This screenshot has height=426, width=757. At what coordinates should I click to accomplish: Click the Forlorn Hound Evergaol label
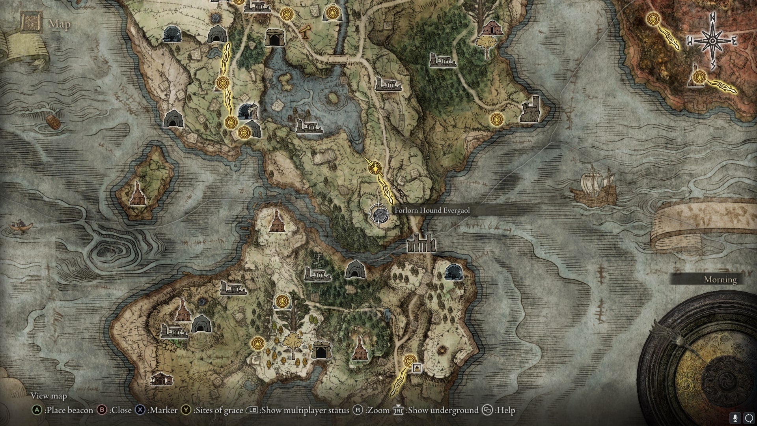pyautogui.click(x=432, y=211)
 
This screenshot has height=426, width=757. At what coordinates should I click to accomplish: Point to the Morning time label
pyautogui.click(x=720, y=280)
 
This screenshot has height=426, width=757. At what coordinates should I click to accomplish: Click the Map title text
pyautogui.click(x=60, y=24)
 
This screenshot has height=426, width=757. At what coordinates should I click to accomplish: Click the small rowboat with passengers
pyautogui.click(x=20, y=226)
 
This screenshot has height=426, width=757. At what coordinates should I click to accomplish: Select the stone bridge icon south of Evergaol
pyautogui.click(x=421, y=243)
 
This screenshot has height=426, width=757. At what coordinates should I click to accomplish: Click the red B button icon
pyautogui.click(x=102, y=410)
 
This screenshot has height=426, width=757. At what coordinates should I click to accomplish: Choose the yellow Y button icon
pyautogui.click(x=186, y=410)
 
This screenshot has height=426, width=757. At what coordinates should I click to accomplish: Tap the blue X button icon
pyautogui.click(x=140, y=410)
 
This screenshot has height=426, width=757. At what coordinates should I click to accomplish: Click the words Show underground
pyautogui.click(x=443, y=410)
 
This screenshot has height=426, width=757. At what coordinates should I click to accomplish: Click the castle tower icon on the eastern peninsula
pyautogui.click(x=530, y=109)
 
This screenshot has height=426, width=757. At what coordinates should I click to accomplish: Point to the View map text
pyautogui.click(x=49, y=396)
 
